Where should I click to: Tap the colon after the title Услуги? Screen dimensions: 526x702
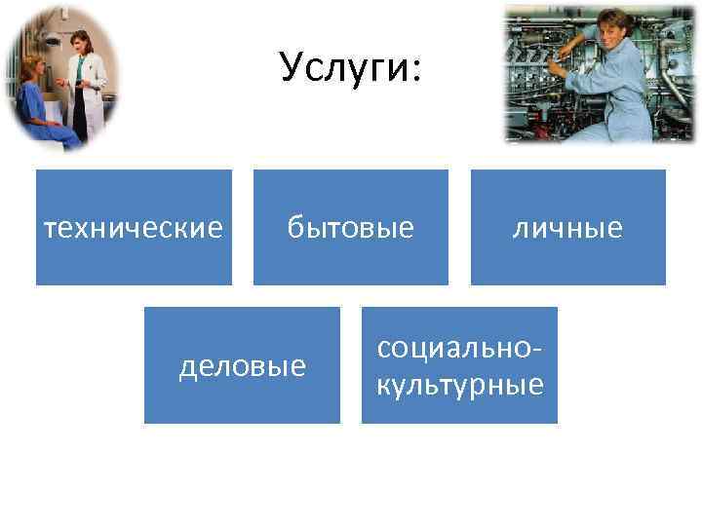tap(415, 71)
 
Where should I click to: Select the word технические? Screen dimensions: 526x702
tap(135, 228)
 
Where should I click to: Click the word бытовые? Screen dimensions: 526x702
tap(350, 228)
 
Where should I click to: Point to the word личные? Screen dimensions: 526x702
tap(568, 228)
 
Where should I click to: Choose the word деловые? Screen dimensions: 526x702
tap(243, 366)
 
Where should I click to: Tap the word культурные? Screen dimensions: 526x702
tap(459, 384)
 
